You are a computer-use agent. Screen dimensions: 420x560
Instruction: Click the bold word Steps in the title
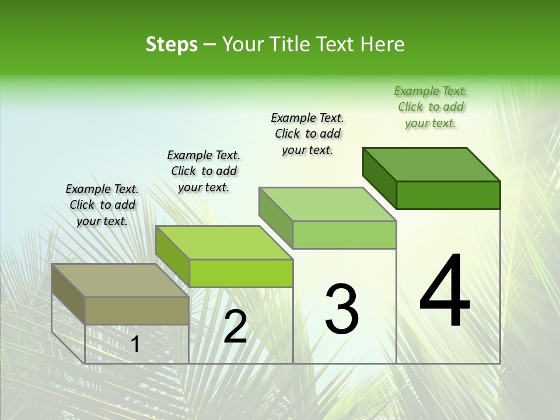171,44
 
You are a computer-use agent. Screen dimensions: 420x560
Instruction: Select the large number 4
444,292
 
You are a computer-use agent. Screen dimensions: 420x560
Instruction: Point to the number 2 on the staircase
235,327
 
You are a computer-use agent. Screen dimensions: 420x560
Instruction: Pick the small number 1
135,345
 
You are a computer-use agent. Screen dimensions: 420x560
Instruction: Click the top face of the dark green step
432,164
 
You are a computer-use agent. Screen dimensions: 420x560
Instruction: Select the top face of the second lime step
224,242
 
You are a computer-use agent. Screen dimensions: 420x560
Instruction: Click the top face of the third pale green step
328,204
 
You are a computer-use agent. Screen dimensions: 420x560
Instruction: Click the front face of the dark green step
448,195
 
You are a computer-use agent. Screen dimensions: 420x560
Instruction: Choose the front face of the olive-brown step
136,310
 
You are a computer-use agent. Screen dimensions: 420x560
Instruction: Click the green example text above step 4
430,107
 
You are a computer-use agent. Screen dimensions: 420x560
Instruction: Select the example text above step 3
307,134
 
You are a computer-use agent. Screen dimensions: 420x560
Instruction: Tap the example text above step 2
204,171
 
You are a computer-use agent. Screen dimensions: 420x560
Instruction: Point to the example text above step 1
102,205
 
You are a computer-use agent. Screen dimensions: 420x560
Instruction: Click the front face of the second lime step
241,273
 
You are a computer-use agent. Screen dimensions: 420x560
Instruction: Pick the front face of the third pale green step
344,235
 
